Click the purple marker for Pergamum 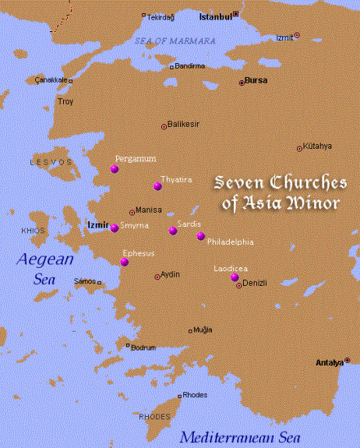point(115,168)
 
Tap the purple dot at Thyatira point(157,185)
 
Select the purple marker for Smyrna point(114,227)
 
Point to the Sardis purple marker point(173,231)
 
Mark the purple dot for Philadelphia point(201,235)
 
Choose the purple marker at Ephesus point(124,262)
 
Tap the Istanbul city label point(215,16)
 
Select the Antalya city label point(328,363)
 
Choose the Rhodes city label point(195,395)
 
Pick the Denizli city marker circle point(239,285)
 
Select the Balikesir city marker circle point(164,125)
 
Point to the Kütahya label point(319,146)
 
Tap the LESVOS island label point(44,162)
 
